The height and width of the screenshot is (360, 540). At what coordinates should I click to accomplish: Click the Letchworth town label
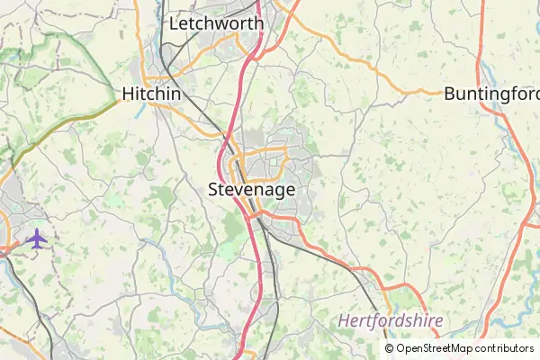click(216, 22)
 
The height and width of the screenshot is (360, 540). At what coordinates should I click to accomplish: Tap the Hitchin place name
click(151, 94)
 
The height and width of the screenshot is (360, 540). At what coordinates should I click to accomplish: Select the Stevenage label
click(251, 190)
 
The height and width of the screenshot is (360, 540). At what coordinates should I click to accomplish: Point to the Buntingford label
click(490, 94)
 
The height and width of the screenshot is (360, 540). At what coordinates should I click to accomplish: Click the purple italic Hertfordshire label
click(391, 320)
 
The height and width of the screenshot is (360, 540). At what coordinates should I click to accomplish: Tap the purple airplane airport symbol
click(36, 238)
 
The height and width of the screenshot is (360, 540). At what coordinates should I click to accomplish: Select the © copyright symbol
click(389, 348)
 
